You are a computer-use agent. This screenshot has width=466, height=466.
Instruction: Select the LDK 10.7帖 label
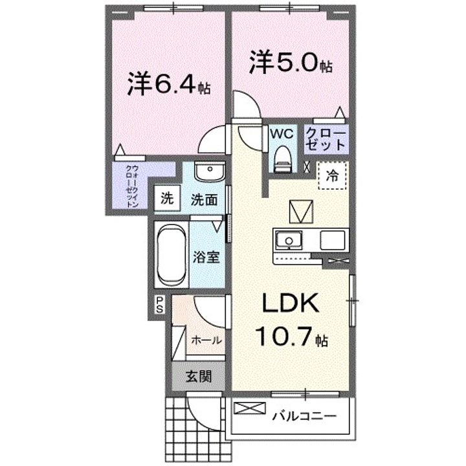290,320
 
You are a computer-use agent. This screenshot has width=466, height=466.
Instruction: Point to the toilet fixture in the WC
282,157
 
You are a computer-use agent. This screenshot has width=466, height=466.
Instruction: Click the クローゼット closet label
326,139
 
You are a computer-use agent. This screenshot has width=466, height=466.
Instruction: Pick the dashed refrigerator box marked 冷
332,174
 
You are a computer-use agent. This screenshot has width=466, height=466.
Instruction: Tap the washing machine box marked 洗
166,199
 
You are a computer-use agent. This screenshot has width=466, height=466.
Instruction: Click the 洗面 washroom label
203,199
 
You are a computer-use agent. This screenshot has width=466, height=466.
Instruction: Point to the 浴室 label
206,256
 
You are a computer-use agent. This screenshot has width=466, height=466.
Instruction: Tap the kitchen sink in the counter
287,241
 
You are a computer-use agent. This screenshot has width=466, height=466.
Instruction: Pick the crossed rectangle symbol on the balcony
250,409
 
